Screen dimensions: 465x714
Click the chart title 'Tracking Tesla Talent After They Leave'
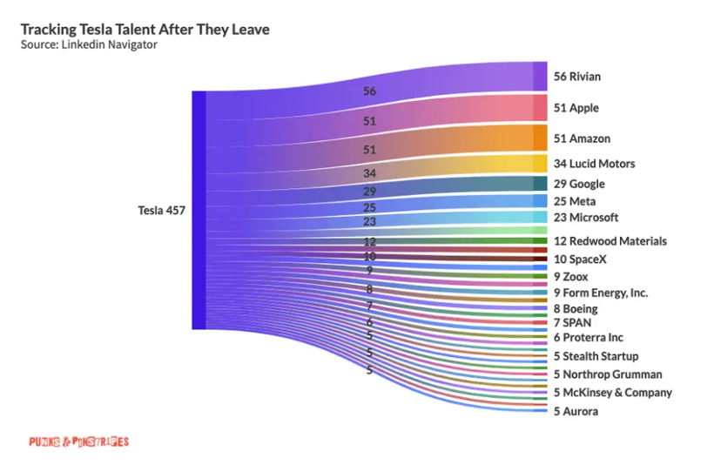click(x=145, y=30)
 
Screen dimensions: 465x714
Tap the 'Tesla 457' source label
click(x=160, y=211)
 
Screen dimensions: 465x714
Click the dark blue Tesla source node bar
click(x=199, y=210)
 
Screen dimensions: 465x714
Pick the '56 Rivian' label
click(x=577, y=77)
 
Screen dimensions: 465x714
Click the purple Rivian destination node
click(x=540, y=76)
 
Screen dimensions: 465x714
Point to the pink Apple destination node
click(x=540, y=107)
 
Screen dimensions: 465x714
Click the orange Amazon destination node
click(x=540, y=138)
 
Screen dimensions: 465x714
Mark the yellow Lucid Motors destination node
click(x=540, y=163)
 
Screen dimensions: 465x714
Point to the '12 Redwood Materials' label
click(x=610, y=241)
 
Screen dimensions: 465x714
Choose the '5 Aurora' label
click(x=576, y=411)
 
